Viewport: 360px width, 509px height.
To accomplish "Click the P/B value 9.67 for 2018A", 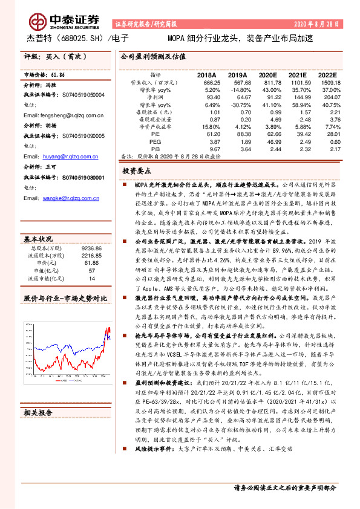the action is click(x=214, y=149).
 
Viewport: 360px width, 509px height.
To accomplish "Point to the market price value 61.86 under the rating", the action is click(x=57, y=74).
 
